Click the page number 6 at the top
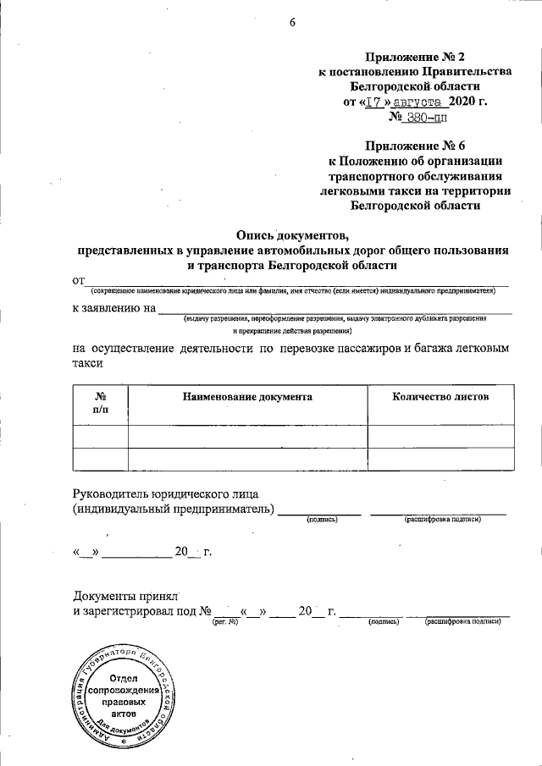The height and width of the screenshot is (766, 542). point(292,23)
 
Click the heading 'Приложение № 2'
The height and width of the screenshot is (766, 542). point(415,57)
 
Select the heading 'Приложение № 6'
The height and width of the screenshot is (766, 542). point(415,146)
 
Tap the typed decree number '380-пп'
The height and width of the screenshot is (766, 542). point(424,118)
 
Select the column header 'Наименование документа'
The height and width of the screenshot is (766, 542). point(247,396)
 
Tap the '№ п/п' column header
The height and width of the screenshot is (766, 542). point(100,402)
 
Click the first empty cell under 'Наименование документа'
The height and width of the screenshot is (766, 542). point(247,436)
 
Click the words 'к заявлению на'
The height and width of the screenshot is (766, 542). point(113,308)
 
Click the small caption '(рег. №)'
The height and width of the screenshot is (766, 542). point(224,622)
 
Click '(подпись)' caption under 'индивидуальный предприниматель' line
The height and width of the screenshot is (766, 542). point(322,519)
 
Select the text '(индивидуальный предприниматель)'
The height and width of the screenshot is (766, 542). point(174,509)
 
